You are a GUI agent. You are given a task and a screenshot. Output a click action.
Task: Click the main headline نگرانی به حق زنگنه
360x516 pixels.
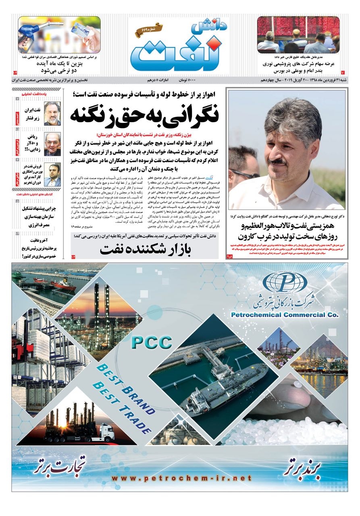click(x=144, y=115)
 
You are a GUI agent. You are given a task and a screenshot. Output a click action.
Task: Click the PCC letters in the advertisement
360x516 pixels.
click(x=152, y=343)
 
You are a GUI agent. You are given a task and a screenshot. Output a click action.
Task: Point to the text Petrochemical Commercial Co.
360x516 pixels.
click(x=285, y=314)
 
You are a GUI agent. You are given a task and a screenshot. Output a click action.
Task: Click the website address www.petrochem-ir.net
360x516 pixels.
click(x=181, y=479)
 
